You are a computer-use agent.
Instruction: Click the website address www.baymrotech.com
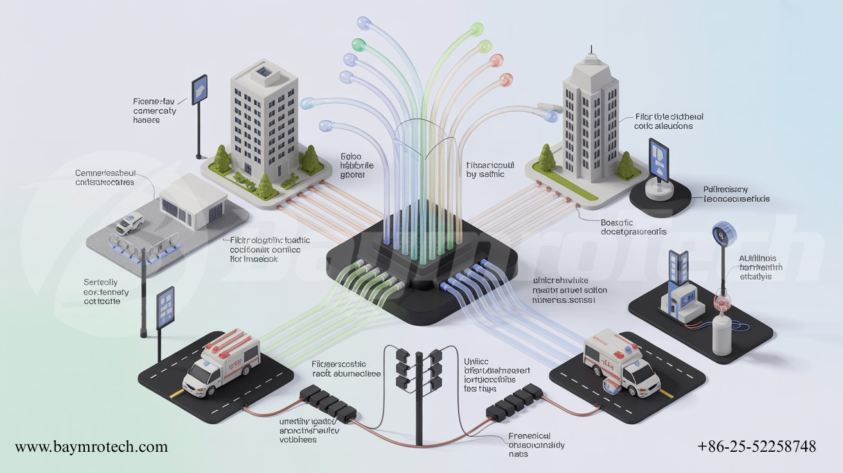point(91,447)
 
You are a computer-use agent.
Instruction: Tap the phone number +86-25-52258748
point(757,447)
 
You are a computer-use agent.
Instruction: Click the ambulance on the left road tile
point(220,363)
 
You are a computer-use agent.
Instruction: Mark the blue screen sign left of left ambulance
point(164,306)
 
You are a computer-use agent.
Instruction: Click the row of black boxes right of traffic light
point(514,400)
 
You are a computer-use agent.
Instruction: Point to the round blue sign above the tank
point(723,235)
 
